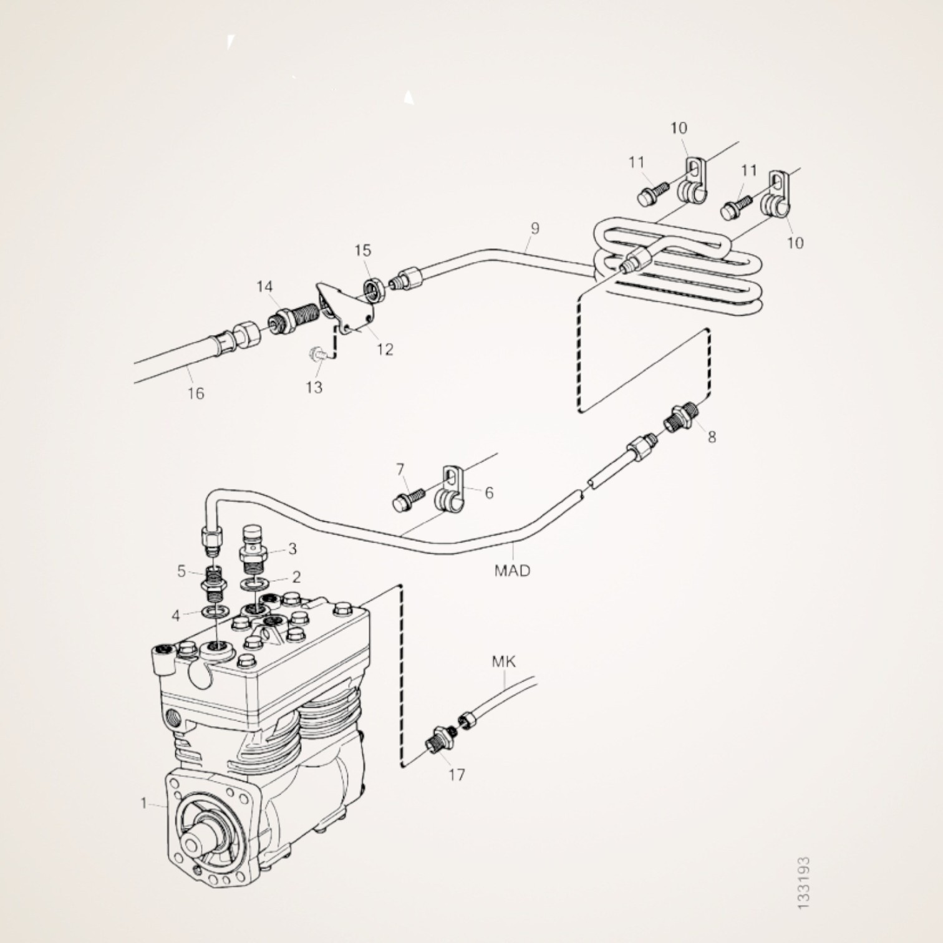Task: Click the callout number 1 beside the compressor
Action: point(144,803)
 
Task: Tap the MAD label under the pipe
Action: point(512,570)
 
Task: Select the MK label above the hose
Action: point(504,661)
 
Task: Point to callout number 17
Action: point(457,775)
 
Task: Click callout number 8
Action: point(712,437)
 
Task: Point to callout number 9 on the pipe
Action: point(535,228)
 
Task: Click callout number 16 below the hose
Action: point(196,393)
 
